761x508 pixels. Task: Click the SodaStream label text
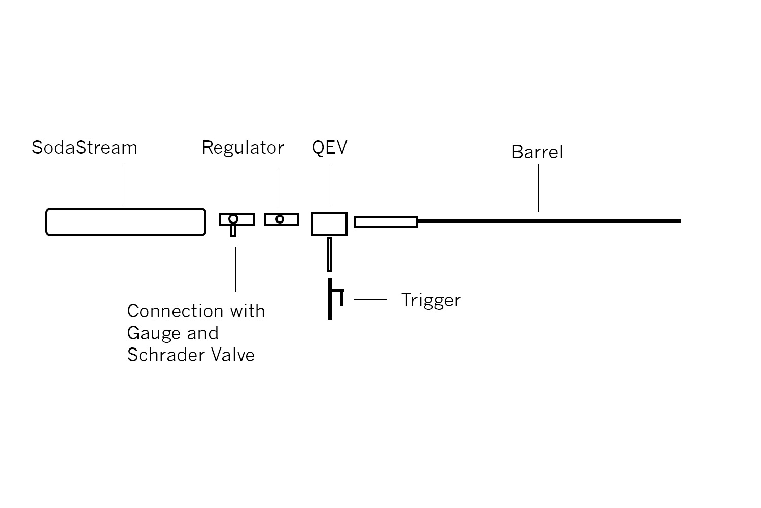pyautogui.click(x=85, y=148)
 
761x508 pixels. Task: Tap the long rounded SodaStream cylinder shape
pyautogui.click(x=126, y=222)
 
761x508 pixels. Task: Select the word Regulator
pyautogui.click(x=243, y=148)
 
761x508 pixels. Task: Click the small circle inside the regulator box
pyautogui.click(x=280, y=219)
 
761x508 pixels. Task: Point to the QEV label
pyautogui.click(x=330, y=148)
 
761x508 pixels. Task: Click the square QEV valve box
pyautogui.click(x=329, y=224)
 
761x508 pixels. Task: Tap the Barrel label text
pyautogui.click(x=537, y=152)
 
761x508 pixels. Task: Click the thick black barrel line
pyautogui.click(x=548, y=221)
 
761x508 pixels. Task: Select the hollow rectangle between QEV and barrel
pyautogui.click(x=386, y=222)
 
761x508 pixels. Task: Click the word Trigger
pyautogui.click(x=431, y=300)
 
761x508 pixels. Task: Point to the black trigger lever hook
pyautogui.click(x=339, y=295)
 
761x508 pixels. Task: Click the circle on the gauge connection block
pyautogui.click(x=233, y=219)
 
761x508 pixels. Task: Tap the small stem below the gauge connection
pyautogui.click(x=233, y=231)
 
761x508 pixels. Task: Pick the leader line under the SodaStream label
pyautogui.click(x=123, y=185)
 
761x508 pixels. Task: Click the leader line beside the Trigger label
pyautogui.click(x=370, y=300)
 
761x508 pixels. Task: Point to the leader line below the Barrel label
pyautogui.click(x=538, y=188)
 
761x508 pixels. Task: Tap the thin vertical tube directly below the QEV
pyautogui.click(x=330, y=255)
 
